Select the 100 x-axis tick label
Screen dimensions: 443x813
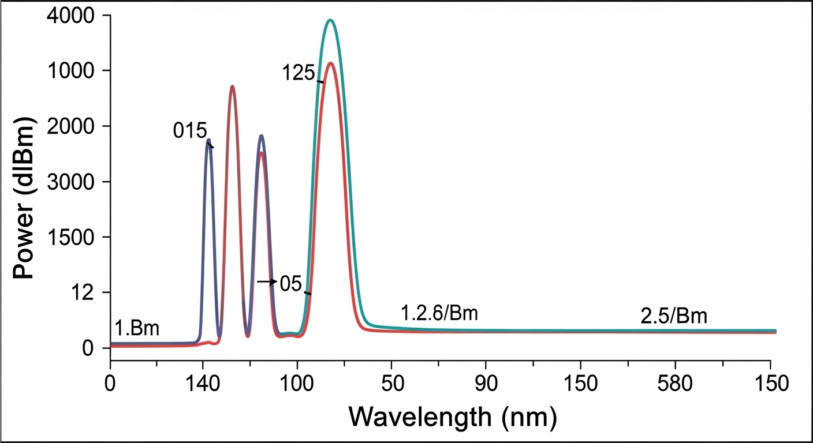coord(297,384)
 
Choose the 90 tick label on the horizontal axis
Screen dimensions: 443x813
coord(486,384)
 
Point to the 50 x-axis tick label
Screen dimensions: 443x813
coord(391,384)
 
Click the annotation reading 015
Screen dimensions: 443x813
coord(190,131)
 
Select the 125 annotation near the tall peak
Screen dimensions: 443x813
coord(298,73)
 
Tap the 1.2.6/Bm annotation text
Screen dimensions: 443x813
coord(439,314)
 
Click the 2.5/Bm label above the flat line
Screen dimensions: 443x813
coord(674,316)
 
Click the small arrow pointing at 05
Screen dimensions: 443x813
coord(267,281)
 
